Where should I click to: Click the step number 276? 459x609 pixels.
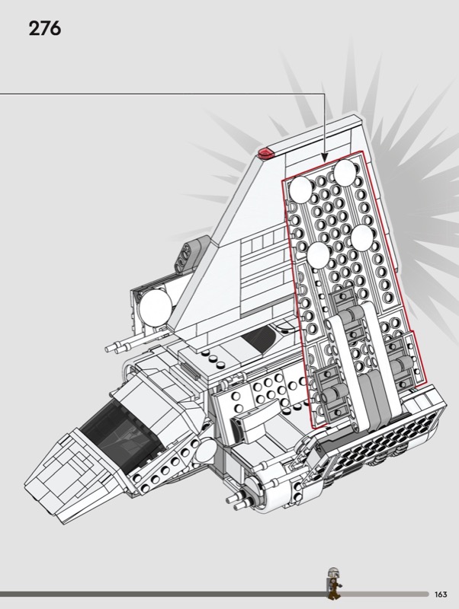[x=45, y=29]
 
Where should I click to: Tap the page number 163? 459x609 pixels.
[x=441, y=595]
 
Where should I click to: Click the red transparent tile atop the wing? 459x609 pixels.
[x=266, y=153]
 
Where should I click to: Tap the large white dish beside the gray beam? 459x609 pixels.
[x=155, y=308]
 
